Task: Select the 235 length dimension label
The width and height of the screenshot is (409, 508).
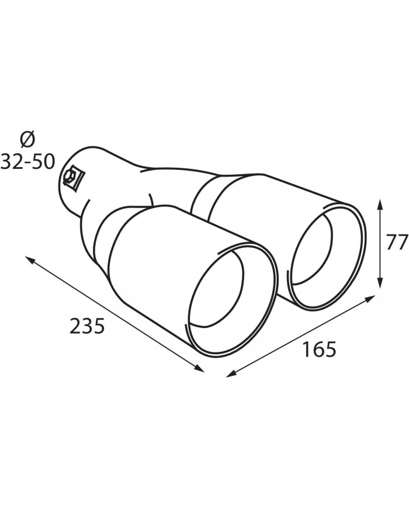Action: pyautogui.click(x=87, y=326)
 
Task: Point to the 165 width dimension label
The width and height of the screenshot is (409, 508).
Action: pyautogui.click(x=319, y=349)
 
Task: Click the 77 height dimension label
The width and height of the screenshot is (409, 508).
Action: pyautogui.click(x=396, y=243)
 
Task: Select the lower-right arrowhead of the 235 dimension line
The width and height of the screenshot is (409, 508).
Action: pyautogui.click(x=199, y=368)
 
